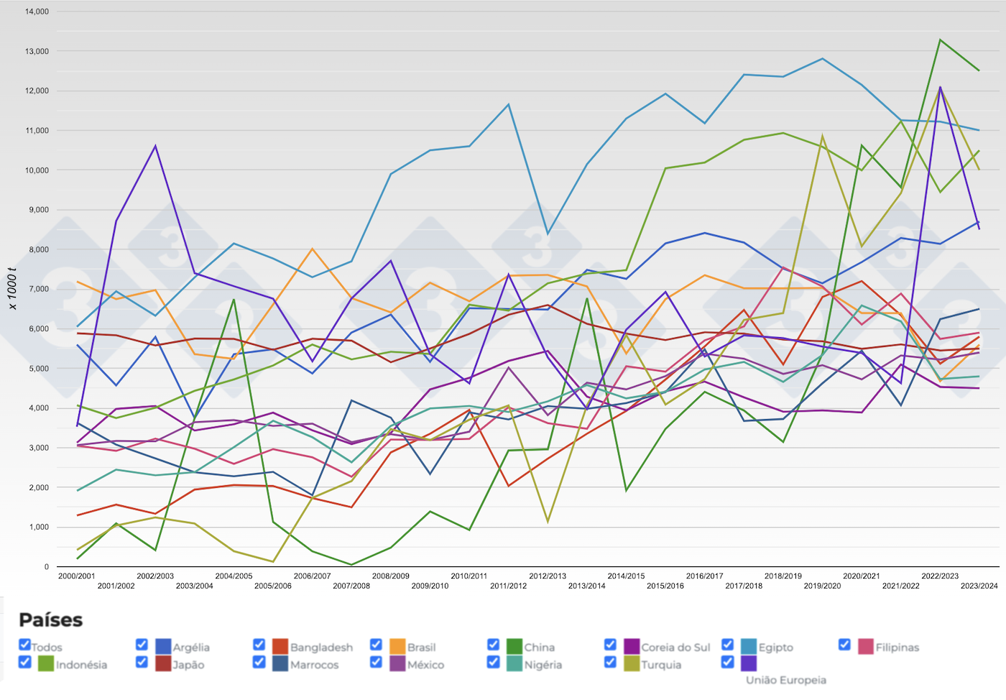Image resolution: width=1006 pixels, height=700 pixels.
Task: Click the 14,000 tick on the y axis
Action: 37,11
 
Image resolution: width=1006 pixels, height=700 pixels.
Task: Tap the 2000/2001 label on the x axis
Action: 77,576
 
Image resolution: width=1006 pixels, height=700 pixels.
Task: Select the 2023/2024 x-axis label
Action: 979,586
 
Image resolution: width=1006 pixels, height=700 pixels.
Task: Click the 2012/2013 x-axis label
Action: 548,576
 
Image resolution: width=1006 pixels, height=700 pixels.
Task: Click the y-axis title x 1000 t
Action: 12,289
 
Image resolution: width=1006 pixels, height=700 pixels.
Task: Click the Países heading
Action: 50,620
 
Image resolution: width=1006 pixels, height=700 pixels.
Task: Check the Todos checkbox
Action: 25,645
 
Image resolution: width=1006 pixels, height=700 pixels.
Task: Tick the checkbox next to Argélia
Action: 142,645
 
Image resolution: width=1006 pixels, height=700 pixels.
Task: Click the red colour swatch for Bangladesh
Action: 280,647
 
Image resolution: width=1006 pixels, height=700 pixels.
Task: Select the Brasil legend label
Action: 421,648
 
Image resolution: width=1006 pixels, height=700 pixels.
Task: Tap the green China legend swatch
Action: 514,647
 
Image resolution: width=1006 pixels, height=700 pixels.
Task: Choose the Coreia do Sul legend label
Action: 675,648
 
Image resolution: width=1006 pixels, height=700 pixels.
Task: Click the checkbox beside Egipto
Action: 728,645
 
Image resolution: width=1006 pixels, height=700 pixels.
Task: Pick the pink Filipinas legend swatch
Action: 865,647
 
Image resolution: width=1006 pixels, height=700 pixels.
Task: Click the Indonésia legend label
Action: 81,665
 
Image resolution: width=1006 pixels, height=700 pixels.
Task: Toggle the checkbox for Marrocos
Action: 259,662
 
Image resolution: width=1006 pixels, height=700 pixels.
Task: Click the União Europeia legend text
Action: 786,680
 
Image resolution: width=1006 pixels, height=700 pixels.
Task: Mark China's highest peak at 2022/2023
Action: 940,40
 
